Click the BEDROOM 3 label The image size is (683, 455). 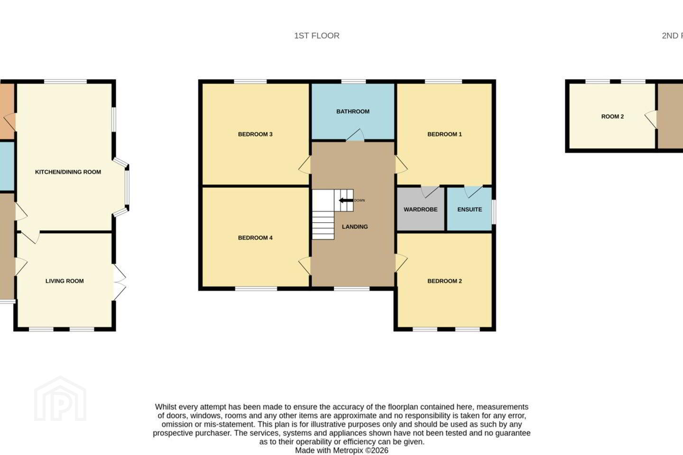(255, 134)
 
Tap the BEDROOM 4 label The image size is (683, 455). (255, 238)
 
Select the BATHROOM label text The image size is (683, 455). (353, 111)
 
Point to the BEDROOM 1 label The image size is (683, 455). (444, 134)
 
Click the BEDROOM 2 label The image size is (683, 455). (444, 281)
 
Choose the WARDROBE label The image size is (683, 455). (420, 209)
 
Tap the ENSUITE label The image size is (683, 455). (470, 209)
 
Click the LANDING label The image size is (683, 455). (355, 227)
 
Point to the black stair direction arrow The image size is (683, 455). (346, 200)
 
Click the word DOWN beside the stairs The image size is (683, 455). (360, 200)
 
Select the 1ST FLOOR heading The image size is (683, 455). (316, 36)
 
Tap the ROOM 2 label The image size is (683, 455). (612, 117)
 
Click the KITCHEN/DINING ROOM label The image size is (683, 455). (68, 172)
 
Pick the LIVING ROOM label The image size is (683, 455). (65, 281)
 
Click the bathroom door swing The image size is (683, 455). (355, 135)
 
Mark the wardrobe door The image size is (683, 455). (430, 191)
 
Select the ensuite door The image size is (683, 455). (473, 191)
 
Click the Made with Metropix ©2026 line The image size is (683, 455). (341, 450)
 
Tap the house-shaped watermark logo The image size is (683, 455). (60, 399)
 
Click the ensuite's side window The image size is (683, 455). (494, 212)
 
